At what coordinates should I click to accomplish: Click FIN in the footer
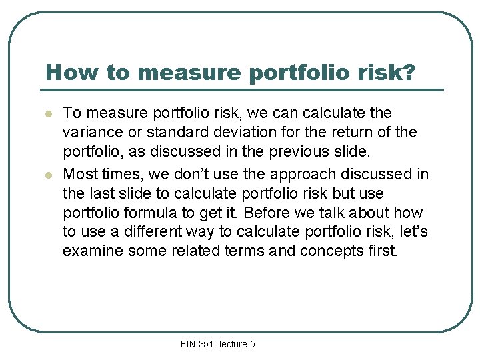[x=188, y=344]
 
